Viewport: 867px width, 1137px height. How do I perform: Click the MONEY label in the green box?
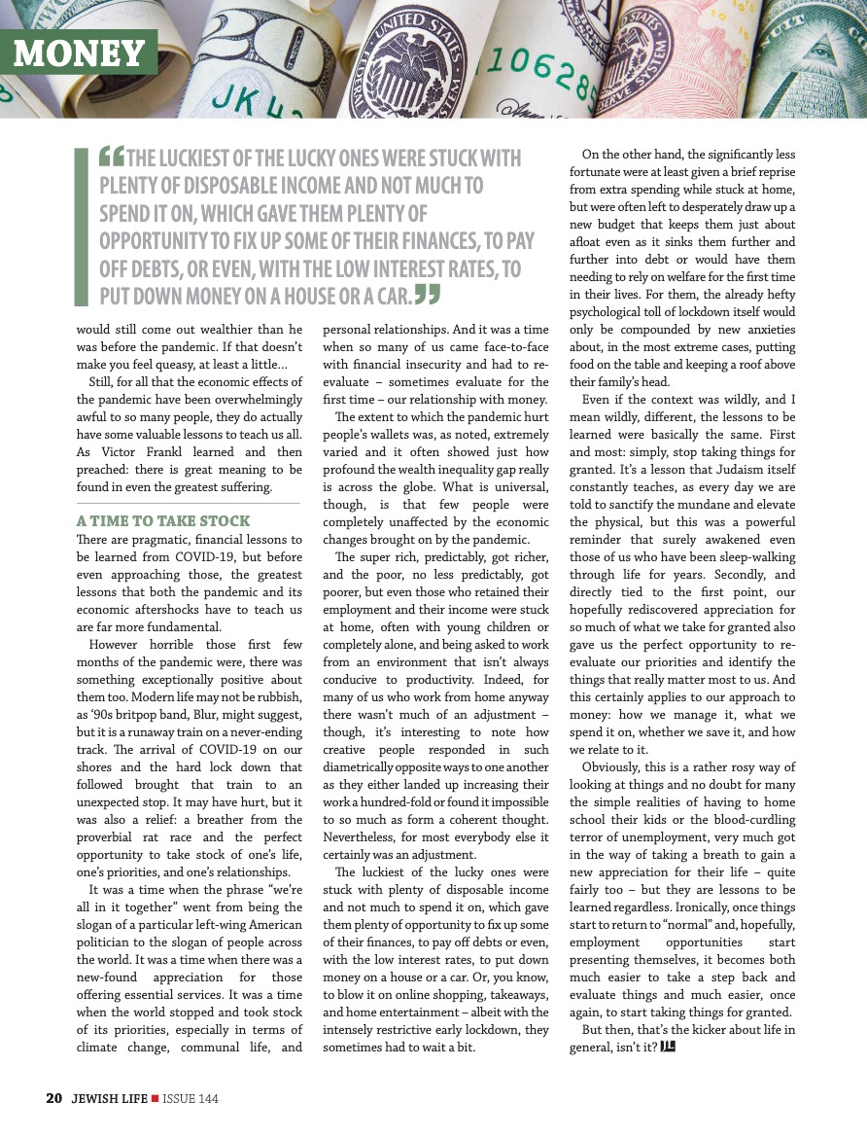pyautogui.click(x=79, y=53)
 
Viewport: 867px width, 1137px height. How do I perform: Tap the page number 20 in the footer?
pyautogui.click(x=54, y=1099)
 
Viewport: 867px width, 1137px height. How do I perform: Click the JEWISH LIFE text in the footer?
pyautogui.click(x=107, y=1099)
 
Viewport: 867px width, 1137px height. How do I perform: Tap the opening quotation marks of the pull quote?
pyautogui.click(x=112, y=157)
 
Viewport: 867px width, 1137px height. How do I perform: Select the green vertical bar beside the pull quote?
pyautogui.click(x=82, y=226)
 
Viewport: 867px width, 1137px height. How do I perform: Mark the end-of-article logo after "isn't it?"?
pyautogui.click(x=667, y=1047)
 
